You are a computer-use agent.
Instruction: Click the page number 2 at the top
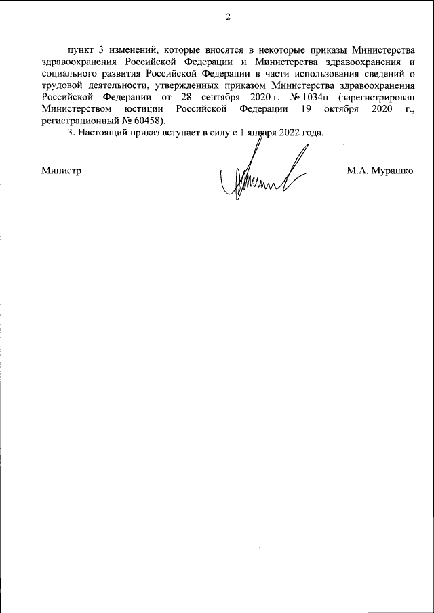click(229, 17)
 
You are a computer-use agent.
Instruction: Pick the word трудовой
click(59, 85)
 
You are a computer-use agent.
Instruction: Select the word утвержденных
click(189, 85)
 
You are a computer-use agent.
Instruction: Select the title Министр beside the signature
click(61, 171)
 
